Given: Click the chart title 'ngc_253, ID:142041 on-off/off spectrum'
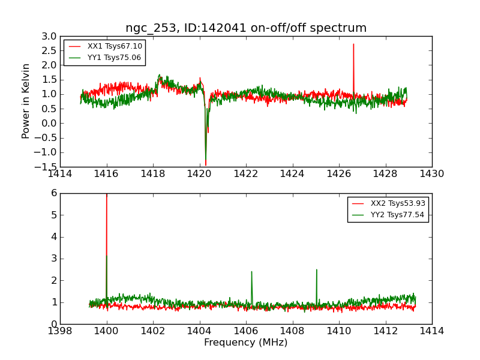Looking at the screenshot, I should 246,28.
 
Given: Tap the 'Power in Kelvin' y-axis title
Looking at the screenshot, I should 26,101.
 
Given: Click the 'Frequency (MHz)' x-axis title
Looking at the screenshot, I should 246,343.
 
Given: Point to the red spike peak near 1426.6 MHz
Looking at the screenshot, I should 353,44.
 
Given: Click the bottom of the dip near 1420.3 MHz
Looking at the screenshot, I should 205,164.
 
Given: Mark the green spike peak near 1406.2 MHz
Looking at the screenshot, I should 251,272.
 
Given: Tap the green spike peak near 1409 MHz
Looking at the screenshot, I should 316,270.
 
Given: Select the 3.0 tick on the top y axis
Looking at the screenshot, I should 49,36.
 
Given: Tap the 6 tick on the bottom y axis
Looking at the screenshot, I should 53,193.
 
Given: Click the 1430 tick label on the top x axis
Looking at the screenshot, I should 432,174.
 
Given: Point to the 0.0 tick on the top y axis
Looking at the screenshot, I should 49,123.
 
